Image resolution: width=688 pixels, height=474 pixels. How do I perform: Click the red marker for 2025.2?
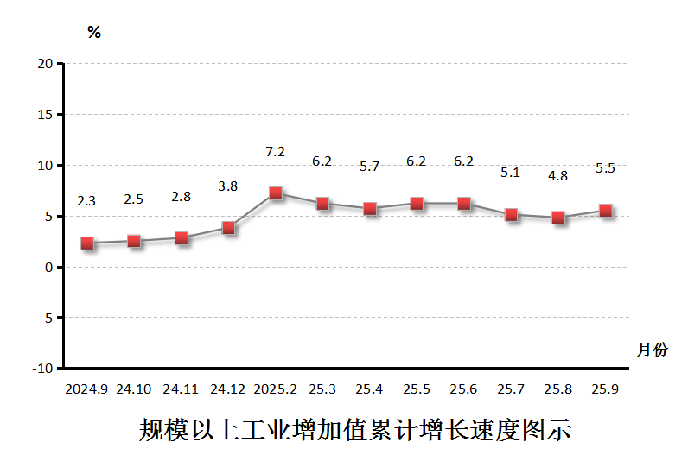pyautogui.click(x=275, y=193)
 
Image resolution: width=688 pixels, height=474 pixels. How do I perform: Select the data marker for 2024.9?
pyautogui.click(x=86, y=243)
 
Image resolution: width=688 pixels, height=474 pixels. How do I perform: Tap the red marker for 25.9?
pyautogui.click(x=605, y=211)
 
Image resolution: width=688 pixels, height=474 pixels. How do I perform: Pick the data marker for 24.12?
pyautogui.click(x=228, y=228)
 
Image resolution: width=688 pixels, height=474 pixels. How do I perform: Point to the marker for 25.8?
pyautogui.click(x=557, y=218)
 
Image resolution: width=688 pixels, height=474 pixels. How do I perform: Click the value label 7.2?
pyautogui.click(x=275, y=152)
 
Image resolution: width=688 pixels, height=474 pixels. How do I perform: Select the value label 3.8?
pyautogui.click(x=228, y=186)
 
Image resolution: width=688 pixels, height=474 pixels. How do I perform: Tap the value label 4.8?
pyautogui.click(x=557, y=175)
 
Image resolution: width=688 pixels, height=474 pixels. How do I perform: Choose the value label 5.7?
pyautogui.click(x=369, y=167)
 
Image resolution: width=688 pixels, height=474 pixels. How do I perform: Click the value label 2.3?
pyautogui.click(x=86, y=201)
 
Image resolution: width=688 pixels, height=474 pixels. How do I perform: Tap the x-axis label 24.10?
pyautogui.click(x=134, y=389)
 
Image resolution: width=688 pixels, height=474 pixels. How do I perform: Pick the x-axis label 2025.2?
pyautogui.click(x=275, y=389)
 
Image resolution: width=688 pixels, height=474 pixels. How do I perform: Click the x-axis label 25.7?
pyautogui.click(x=511, y=389)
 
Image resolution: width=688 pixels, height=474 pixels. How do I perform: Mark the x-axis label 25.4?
pyautogui.click(x=369, y=389)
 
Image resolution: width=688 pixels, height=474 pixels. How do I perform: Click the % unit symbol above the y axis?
pyautogui.click(x=94, y=33)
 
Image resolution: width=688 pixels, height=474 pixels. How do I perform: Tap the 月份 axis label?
pyautogui.click(x=653, y=350)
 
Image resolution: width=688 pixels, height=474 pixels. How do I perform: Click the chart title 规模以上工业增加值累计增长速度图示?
pyautogui.click(x=354, y=430)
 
